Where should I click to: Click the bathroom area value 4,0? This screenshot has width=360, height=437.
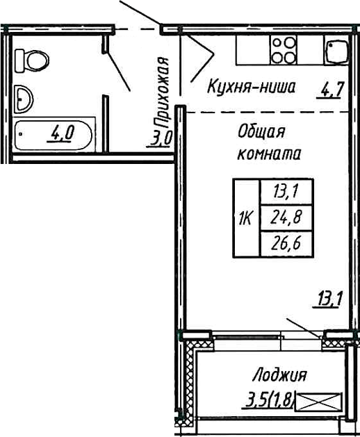pyautogui.click(x=60, y=133)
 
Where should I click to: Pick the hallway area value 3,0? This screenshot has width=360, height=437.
pyautogui.click(x=161, y=137)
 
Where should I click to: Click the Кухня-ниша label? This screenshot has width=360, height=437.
pyautogui.click(x=252, y=88)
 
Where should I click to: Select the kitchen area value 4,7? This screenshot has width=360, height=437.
pyautogui.click(x=332, y=90)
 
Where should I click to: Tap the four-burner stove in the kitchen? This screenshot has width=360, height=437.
pyautogui.click(x=284, y=49)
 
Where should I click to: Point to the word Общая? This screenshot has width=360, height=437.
pyautogui.click(x=261, y=131)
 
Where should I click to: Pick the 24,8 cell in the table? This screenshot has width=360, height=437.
pyautogui.click(x=286, y=217)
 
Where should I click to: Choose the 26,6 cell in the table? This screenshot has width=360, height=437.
pyautogui.click(x=286, y=242)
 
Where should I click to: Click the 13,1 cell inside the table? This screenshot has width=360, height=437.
pyautogui.click(x=286, y=192)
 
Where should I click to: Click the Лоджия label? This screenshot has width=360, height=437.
pyautogui.click(x=280, y=376)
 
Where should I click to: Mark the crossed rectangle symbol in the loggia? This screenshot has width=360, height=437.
pyautogui.click(x=325, y=400)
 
